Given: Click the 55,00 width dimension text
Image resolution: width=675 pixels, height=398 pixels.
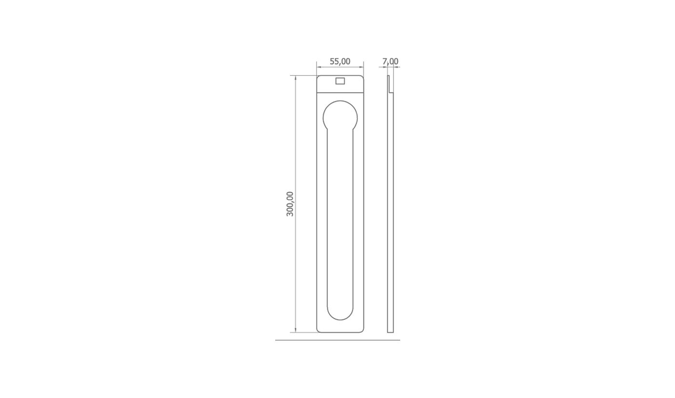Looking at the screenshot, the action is (340, 62).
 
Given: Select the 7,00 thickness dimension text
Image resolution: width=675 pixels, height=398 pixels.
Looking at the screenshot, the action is (390, 62).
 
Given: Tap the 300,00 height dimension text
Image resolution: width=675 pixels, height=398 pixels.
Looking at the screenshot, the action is (290, 204).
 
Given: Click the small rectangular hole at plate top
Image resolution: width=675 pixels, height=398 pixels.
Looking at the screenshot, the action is (340, 81).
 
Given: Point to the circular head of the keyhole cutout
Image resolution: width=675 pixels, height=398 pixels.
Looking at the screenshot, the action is (340, 100).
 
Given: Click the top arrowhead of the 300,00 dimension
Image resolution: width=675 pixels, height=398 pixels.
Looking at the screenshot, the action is (295, 78).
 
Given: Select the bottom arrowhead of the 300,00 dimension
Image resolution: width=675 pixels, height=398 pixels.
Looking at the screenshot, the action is (295, 330).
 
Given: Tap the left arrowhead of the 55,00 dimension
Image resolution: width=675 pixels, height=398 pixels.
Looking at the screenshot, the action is (319, 67).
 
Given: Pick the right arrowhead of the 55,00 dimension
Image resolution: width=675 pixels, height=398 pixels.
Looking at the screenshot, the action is (361, 67).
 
